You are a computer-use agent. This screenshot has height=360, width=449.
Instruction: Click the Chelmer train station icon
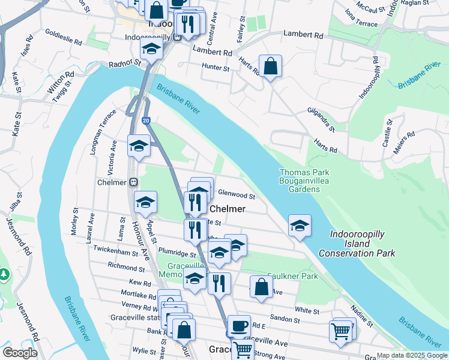133,182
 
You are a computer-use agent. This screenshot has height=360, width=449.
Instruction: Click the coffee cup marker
239,326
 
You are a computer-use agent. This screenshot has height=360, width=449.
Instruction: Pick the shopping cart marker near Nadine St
340,331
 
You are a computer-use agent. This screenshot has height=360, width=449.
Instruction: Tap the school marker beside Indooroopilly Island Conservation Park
300,226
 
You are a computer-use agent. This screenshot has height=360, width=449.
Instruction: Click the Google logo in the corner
20,353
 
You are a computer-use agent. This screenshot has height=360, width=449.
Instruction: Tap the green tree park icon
4,274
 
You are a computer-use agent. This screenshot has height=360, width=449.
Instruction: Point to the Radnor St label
124,63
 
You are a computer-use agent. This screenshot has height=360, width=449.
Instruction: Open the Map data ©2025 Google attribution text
412,355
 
